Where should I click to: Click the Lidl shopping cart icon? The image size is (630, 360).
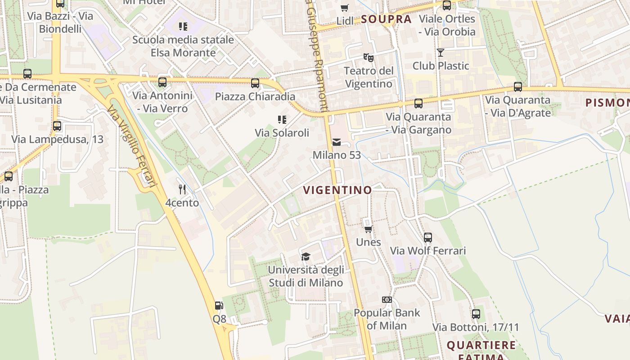(345, 8)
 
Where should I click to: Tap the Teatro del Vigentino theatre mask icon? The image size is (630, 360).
(369, 58)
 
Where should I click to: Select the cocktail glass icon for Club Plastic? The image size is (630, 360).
(441, 53)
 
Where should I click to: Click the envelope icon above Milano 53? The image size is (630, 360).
(336, 142)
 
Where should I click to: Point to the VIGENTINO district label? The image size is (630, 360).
(337, 190)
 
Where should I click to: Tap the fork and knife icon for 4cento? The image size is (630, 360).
(182, 189)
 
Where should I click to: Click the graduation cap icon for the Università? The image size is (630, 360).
(306, 256)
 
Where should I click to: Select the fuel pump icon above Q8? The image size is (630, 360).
(219, 306)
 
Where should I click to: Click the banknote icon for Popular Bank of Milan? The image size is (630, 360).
(387, 300)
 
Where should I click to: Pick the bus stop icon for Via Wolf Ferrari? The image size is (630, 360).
(428, 237)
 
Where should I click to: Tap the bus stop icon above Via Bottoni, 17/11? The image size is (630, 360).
(476, 314)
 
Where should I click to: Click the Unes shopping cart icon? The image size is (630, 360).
(368, 229)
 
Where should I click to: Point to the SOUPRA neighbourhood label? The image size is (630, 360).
(386, 19)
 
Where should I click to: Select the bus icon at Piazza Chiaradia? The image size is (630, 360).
(255, 83)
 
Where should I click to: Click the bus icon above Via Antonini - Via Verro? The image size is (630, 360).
(162, 82)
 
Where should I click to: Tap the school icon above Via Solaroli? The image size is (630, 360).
(282, 119)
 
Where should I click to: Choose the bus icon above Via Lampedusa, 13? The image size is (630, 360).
(57, 126)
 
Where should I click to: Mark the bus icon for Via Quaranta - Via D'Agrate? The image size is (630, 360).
(518, 86)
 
